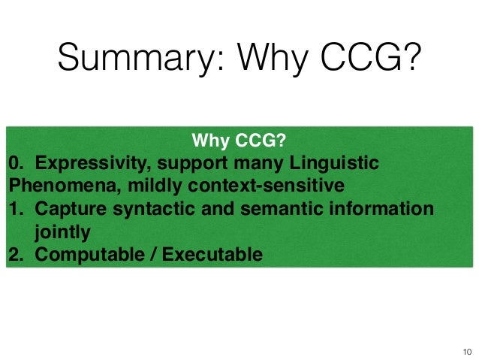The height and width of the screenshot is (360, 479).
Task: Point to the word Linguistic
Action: (343, 163)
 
